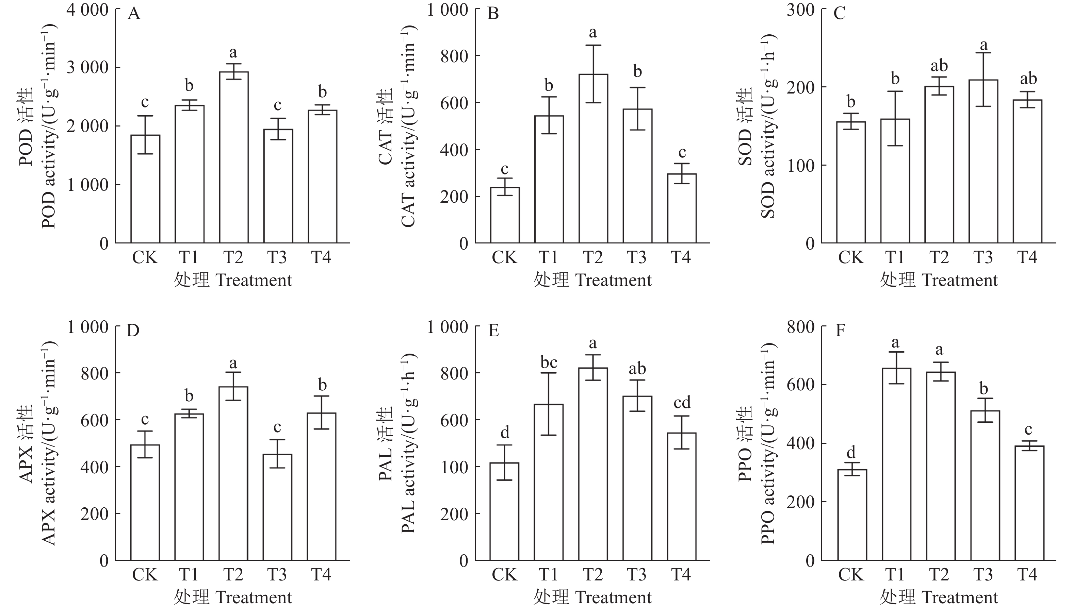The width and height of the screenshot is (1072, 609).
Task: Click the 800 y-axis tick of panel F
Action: [800, 327]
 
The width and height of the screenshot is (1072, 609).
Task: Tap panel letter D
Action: [133, 331]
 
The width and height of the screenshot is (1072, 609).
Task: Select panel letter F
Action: [839, 331]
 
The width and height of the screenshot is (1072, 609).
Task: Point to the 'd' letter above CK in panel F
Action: [851, 452]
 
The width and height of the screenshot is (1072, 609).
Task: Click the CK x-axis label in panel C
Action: [851, 257]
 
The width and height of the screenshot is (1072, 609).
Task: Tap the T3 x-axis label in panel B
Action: [637, 257]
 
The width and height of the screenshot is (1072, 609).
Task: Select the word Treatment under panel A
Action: [254, 280]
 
